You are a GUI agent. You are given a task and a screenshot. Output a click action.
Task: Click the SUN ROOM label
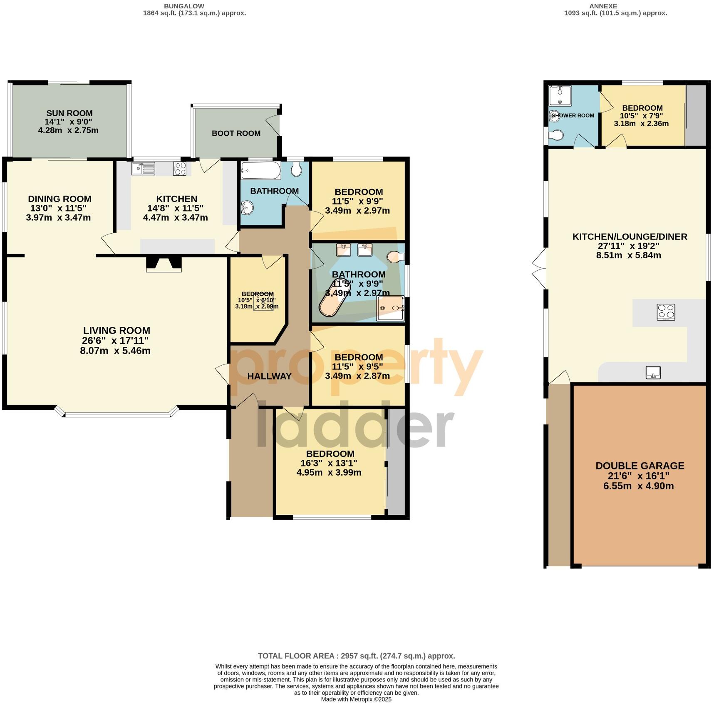pyautogui.click(x=69, y=113)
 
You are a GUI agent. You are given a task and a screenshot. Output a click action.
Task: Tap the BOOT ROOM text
pyautogui.click(x=236, y=133)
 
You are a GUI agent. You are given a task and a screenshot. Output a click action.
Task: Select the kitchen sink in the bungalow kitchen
pyautogui.click(x=143, y=169)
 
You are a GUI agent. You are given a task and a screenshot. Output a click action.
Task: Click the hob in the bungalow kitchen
pyautogui.click(x=180, y=169)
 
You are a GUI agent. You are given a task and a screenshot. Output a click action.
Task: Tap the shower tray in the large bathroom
pyautogui.click(x=390, y=309)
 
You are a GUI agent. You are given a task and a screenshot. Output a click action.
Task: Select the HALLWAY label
pyautogui.click(x=269, y=376)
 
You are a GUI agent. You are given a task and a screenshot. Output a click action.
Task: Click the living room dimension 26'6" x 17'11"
pyautogui.click(x=115, y=341)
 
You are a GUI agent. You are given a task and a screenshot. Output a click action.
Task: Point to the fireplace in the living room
pyautogui.click(x=164, y=264)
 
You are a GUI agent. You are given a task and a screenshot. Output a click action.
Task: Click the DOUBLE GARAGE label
pyautogui.click(x=640, y=466)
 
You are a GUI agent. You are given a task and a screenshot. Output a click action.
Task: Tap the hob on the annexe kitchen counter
pyautogui.click(x=666, y=312)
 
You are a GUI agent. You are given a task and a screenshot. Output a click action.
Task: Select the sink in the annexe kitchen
pyautogui.click(x=653, y=372)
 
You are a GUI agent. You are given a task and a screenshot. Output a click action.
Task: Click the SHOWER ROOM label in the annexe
pyautogui.click(x=573, y=115)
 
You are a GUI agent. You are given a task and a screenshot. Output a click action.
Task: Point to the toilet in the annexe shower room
pyautogui.click(x=556, y=135)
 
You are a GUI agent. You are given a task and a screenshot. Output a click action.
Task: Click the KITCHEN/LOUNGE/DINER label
pyautogui.click(x=630, y=237)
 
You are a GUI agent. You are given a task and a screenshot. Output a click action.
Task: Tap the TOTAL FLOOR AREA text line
pyautogui.click(x=356, y=656)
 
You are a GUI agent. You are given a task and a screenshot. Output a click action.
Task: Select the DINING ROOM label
pyautogui.click(x=59, y=199)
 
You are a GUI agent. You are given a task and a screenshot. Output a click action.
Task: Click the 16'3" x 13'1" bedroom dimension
pyautogui.click(x=329, y=463)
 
